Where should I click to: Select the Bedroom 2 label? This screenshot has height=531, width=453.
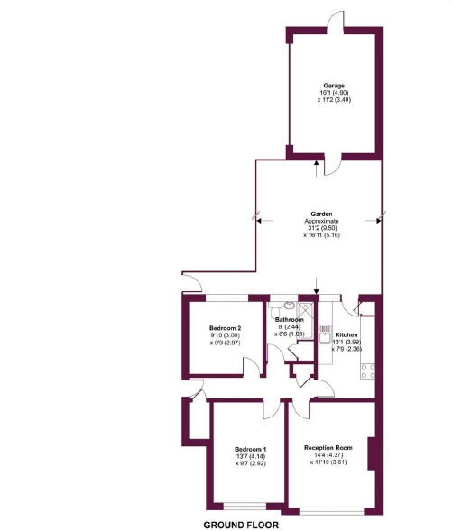pyautogui.click(x=225, y=327)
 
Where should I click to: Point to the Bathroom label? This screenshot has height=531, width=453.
pyautogui.click(x=290, y=319)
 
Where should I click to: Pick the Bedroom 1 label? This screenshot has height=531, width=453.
pyautogui.click(x=250, y=449)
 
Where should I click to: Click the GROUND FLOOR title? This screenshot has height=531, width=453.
pyautogui.click(x=240, y=524)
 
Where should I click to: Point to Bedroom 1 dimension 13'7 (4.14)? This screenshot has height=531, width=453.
pyautogui.click(x=250, y=456)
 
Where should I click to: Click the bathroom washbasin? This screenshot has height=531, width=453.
pyautogui.click(x=289, y=306)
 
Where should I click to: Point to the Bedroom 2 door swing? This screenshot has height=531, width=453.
pyautogui.click(x=248, y=365)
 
